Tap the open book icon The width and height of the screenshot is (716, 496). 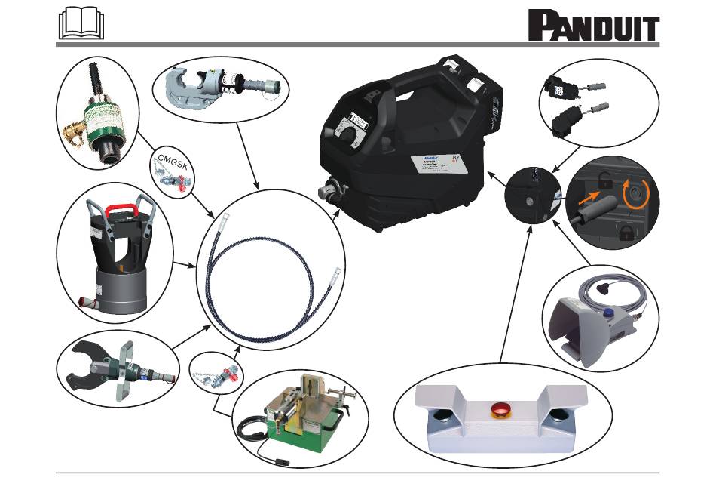click(80, 25)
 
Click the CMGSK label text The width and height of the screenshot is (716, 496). click(173, 159)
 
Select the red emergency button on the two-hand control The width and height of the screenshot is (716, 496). click(500, 410)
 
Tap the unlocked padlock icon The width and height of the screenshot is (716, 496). click(604, 180)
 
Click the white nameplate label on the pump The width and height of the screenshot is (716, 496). click(439, 166)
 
